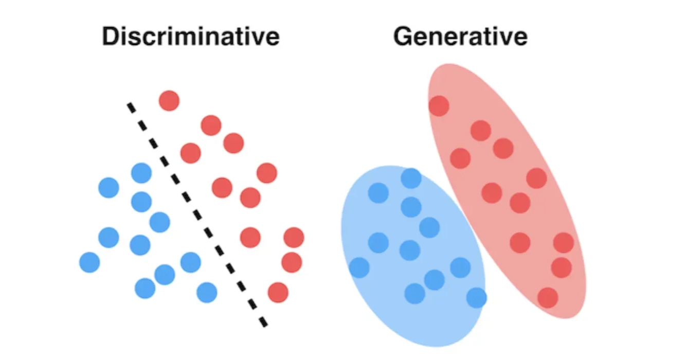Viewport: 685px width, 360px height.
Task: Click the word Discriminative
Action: click(x=191, y=37)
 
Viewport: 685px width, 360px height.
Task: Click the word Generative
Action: click(x=460, y=37)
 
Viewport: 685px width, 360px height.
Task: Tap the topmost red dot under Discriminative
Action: click(x=169, y=100)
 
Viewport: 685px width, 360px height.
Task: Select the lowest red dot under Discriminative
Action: click(x=278, y=293)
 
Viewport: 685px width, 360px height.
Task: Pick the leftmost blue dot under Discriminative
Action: click(x=89, y=262)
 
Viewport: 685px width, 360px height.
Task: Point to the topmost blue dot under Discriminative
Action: click(x=141, y=173)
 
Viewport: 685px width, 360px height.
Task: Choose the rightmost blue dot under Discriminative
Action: click(x=207, y=293)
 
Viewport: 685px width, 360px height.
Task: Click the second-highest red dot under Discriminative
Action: click(x=211, y=125)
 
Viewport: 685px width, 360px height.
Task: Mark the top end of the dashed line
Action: click(x=130, y=105)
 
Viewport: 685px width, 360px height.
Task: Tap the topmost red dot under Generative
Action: click(x=439, y=106)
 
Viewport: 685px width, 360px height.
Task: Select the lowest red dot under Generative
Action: click(x=548, y=298)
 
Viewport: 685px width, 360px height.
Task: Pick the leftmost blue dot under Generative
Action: click(x=359, y=267)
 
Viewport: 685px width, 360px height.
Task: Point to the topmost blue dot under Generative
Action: click(x=411, y=178)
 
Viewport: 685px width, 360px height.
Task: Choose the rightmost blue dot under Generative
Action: click(x=476, y=298)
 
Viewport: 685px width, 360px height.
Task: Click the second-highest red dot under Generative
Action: click(x=480, y=131)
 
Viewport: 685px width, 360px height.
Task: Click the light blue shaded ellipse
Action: click(x=391, y=309)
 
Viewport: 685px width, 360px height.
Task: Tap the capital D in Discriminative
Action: click(x=110, y=37)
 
